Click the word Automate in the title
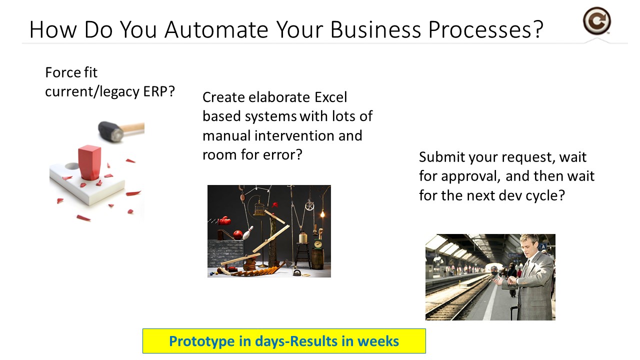(x=216, y=29)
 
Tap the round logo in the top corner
(x=596, y=21)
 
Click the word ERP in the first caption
(x=155, y=91)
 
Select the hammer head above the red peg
(x=111, y=131)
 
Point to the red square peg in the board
(x=89, y=163)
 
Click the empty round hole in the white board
(x=72, y=166)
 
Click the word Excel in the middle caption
(x=330, y=97)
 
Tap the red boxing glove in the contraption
(x=224, y=220)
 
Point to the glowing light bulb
(x=322, y=213)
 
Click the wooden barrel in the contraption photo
(x=317, y=258)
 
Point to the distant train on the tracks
(x=494, y=269)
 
